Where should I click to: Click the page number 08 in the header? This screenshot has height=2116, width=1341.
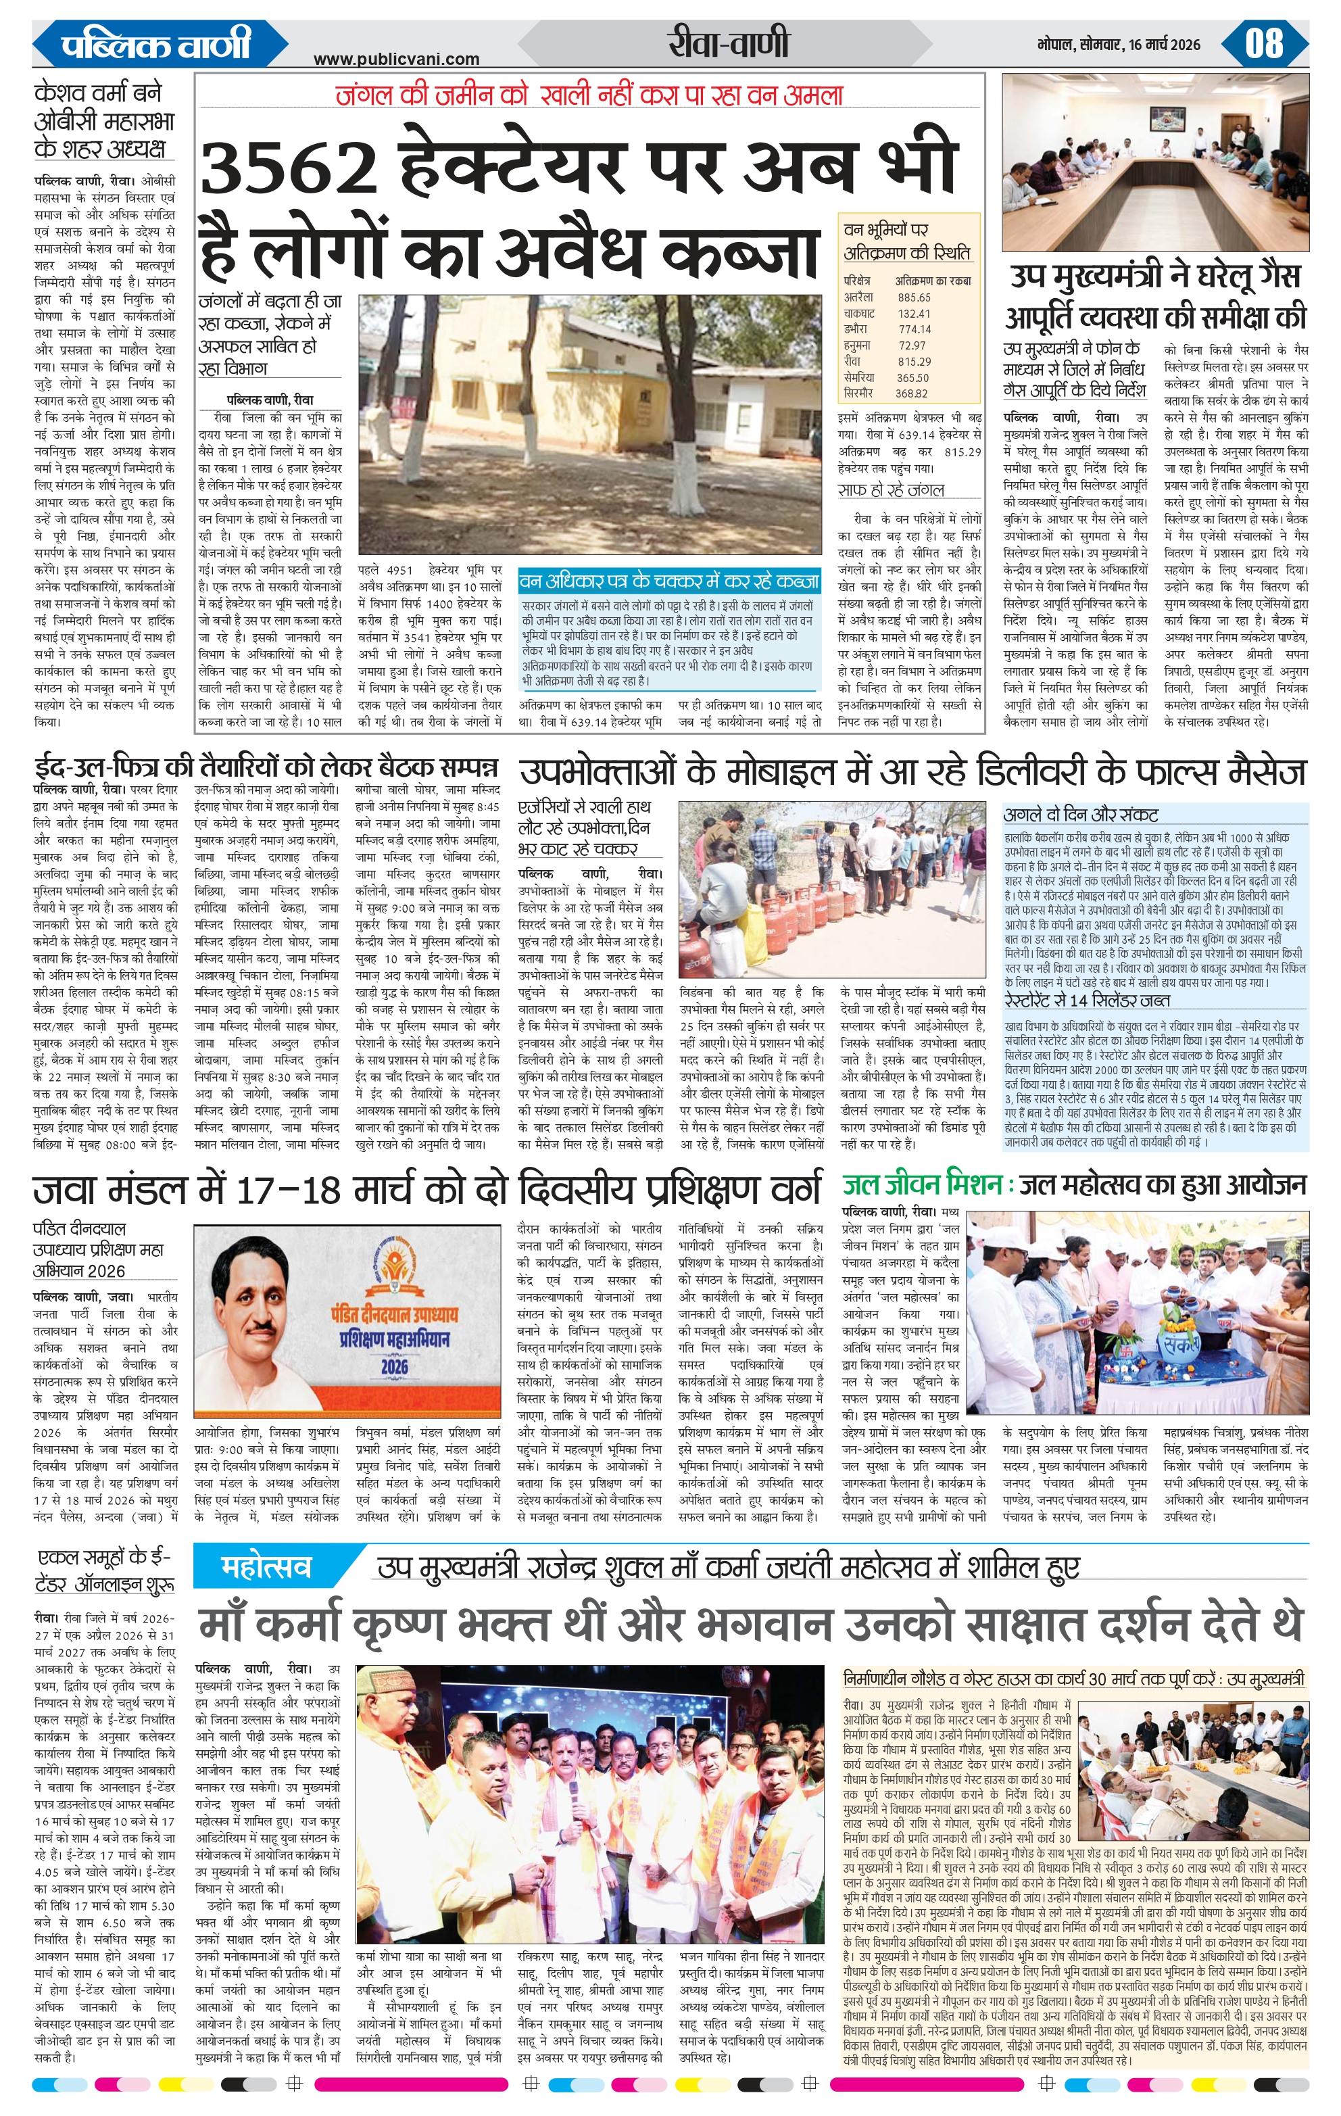1264,43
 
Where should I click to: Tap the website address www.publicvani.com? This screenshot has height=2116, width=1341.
396,59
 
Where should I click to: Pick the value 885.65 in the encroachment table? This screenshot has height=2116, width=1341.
914,297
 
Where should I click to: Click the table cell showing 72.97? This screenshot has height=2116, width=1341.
912,345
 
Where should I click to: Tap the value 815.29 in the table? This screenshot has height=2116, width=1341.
914,361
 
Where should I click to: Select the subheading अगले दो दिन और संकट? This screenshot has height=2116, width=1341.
1080,814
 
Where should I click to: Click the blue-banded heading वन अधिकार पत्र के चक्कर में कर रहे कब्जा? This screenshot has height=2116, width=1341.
668,581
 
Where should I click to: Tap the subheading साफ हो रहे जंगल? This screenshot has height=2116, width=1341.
890,489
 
